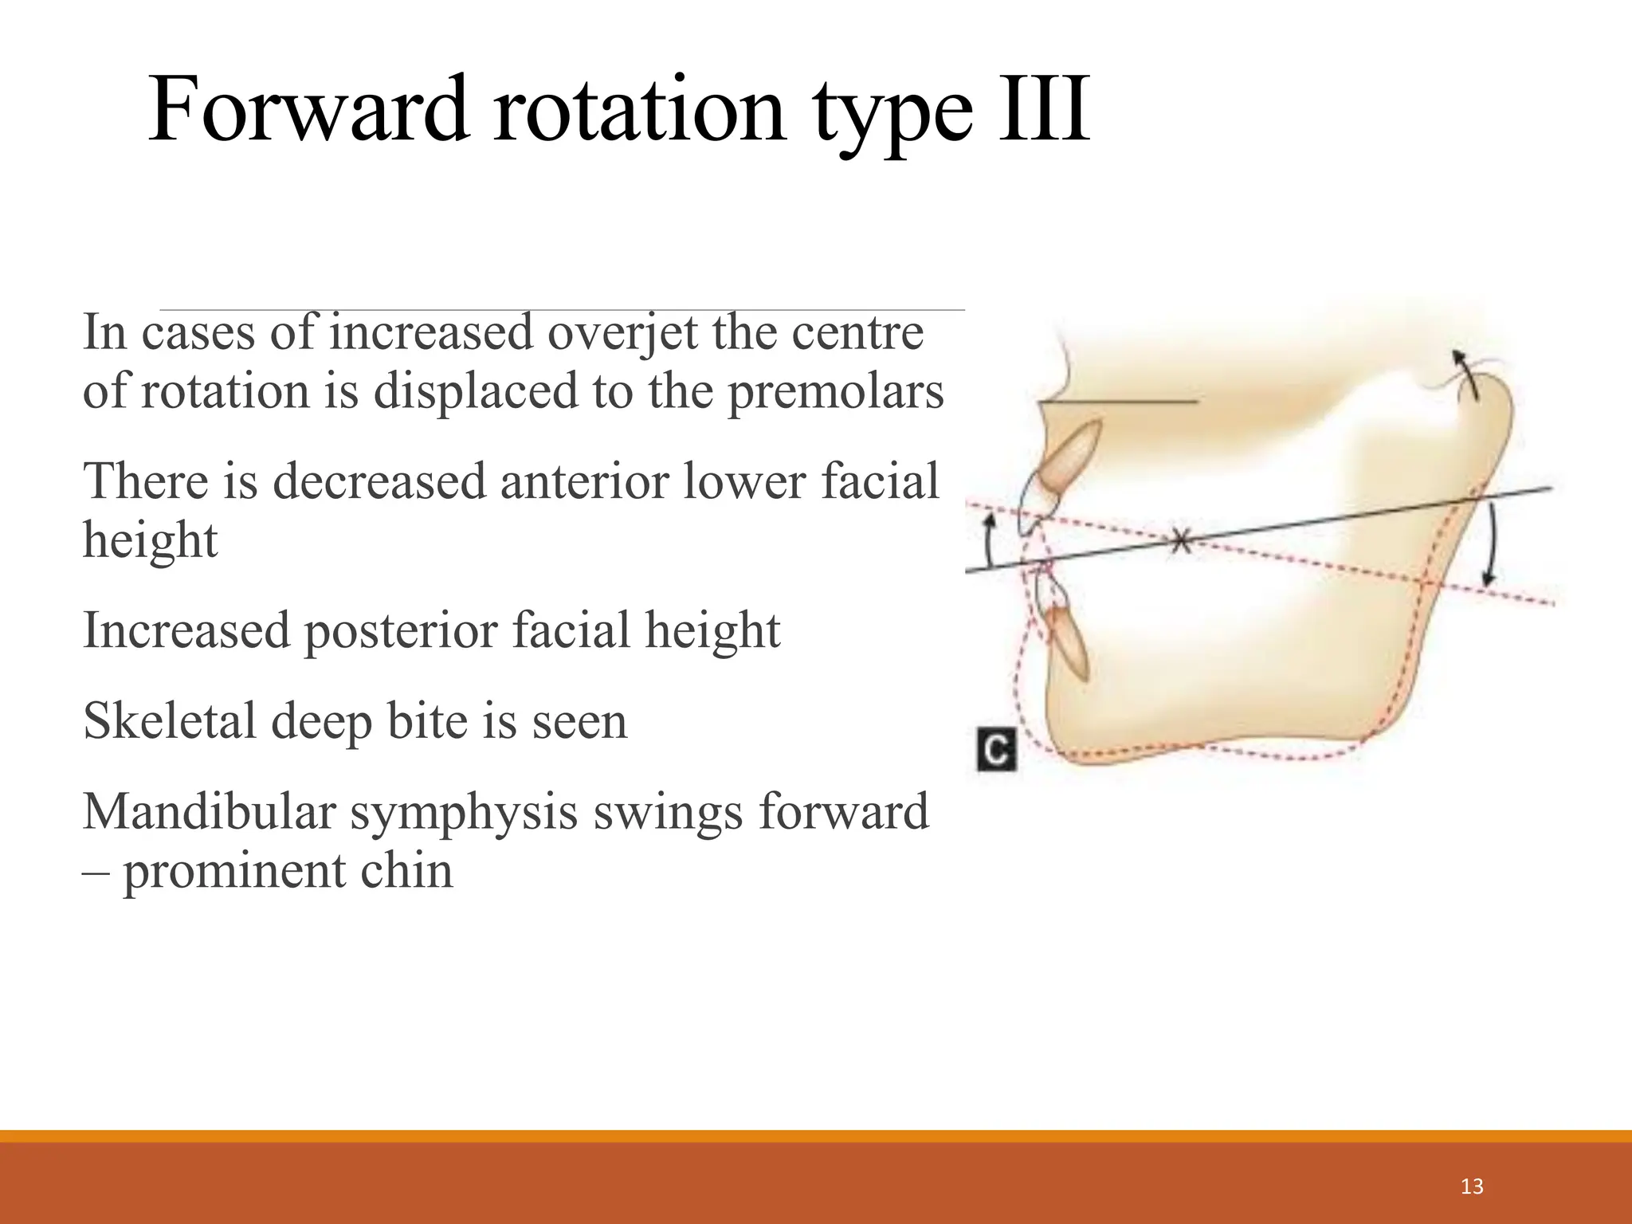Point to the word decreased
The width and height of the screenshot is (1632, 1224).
click(x=379, y=482)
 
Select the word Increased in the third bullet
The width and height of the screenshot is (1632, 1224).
click(x=186, y=630)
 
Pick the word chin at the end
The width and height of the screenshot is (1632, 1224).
click(x=406, y=871)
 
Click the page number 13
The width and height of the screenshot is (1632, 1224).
click(x=1472, y=1187)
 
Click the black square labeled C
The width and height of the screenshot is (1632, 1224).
click(x=996, y=749)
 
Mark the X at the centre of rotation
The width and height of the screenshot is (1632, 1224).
click(x=1180, y=542)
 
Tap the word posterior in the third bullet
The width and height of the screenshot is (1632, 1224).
click(x=406, y=630)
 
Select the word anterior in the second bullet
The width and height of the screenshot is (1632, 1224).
click(x=585, y=482)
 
